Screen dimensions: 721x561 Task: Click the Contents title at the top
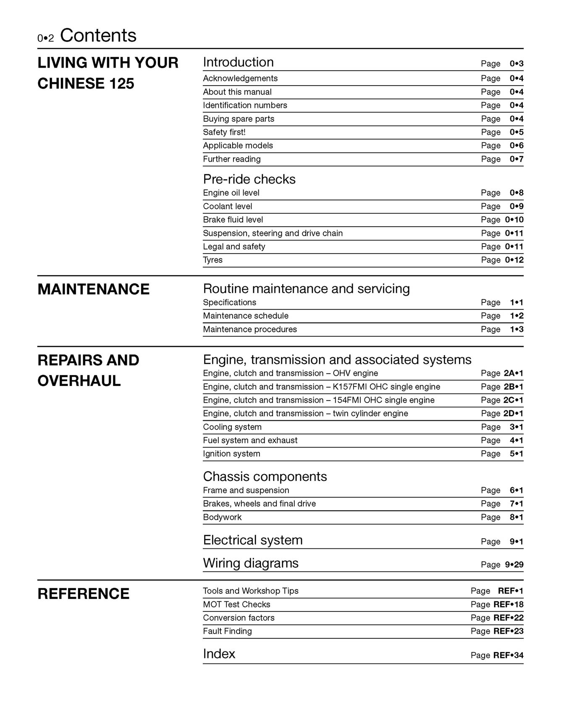click(x=98, y=36)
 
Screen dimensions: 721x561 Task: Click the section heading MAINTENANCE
click(x=93, y=289)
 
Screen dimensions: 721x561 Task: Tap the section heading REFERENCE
click(x=83, y=594)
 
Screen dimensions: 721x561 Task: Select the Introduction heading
click(x=238, y=62)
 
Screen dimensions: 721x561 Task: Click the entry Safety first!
click(x=224, y=132)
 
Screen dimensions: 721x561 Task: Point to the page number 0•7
click(x=516, y=159)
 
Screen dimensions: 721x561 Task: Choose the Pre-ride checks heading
click(x=249, y=179)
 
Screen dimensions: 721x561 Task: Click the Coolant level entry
click(x=227, y=207)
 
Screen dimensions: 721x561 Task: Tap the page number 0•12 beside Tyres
click(x=514, y=260)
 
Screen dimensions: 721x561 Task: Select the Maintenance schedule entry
click(x=245, y=316)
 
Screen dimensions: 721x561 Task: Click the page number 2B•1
click(x=513, y=387)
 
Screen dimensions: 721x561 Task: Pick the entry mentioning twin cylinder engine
click(x=305, y=414)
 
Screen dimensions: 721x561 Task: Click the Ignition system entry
click(x=231, y=454)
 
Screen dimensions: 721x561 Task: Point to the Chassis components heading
click(x=265, y=477)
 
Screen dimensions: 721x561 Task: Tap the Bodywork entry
click(x=222, y=517)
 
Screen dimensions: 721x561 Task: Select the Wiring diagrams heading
click(x=250, y=563)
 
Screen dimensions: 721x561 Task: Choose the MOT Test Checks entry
click(x=236, y=605)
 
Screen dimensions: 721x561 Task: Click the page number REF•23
click(x=508, y=631)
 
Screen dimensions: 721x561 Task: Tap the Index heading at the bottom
click(x=219, y=654)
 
